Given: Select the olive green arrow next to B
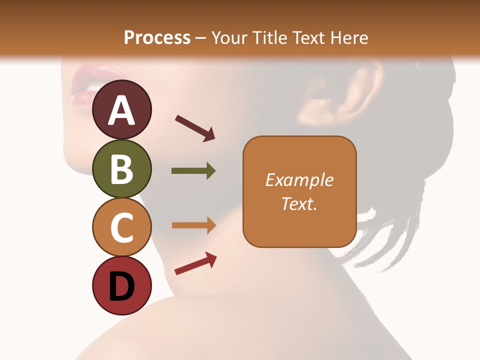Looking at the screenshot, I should [193, 171].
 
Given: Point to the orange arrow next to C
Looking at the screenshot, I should [193, 225].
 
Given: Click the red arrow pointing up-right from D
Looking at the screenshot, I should [195, 264].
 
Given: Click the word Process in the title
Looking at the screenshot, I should [157, 38].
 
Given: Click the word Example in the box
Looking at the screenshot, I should [299, 180].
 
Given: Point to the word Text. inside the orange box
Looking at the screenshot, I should [299, 203].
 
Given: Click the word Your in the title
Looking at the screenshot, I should [228, 38].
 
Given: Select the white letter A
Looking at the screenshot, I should [121, 111].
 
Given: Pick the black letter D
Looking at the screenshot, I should [121, 286].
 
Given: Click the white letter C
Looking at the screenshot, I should [121, 228].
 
